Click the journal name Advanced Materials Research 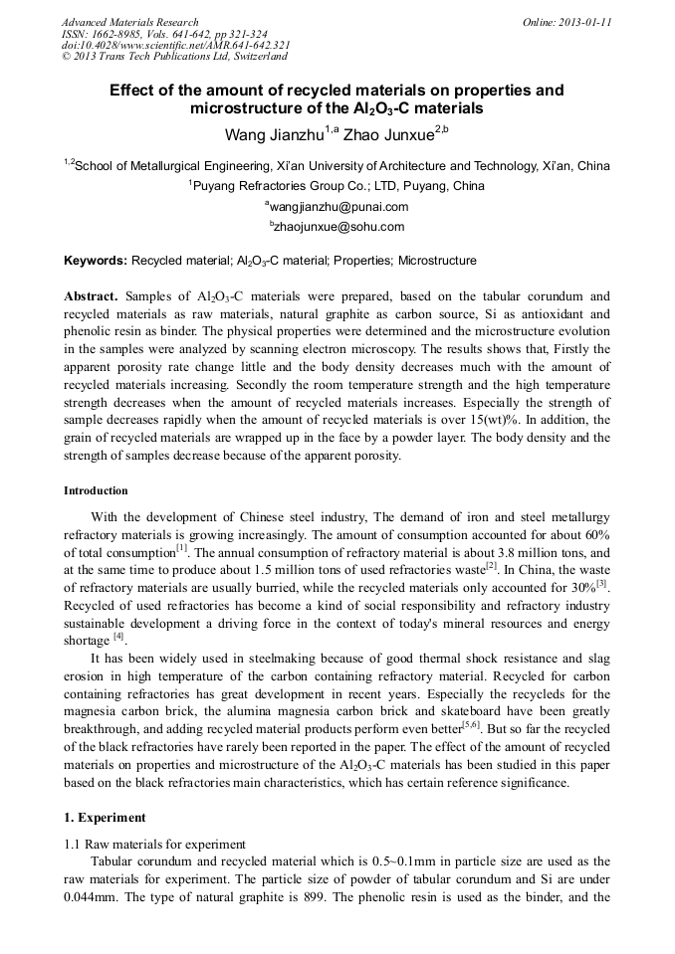tap(129, 22)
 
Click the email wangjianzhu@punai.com tap(338, 207)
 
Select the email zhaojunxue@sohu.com tap(338, 227)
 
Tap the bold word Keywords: tap(96, 262)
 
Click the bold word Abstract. tap(91, 297)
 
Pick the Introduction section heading tap(96, 491)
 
